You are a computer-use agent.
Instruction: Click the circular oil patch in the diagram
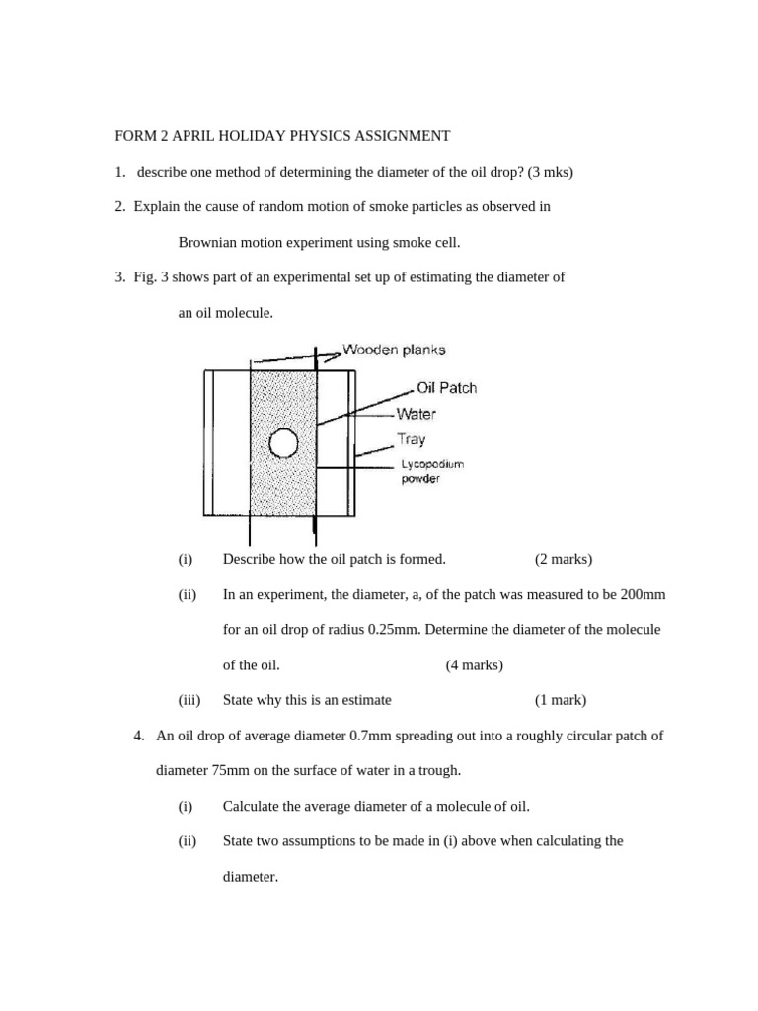283,444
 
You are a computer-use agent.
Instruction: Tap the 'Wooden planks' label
394,350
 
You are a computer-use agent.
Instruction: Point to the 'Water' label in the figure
416,415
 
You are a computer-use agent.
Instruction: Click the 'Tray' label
412,439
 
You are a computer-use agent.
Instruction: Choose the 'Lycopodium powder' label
431,471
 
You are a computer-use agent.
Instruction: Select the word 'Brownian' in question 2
207,242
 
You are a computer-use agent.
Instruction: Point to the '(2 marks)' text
564,559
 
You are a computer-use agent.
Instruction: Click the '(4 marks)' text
475,664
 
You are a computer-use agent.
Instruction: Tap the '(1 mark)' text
561,700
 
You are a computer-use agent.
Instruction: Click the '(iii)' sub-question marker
189,700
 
